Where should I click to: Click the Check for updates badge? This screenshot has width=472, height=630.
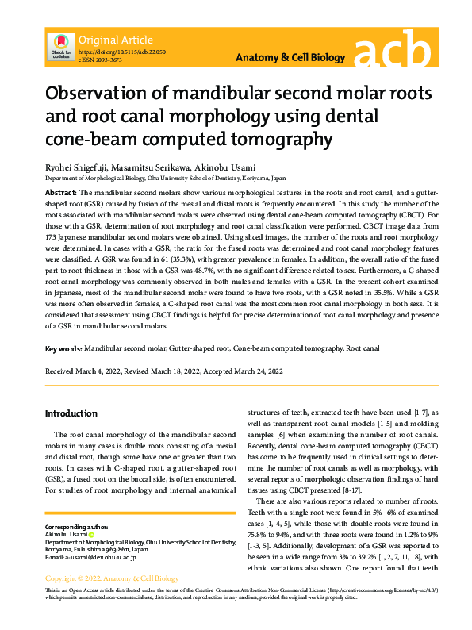pos(59,46)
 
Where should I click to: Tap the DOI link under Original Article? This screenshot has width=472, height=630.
pos(121,50)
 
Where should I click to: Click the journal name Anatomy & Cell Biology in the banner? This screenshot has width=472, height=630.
pos(291,58)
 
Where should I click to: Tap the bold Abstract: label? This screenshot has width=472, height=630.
pos(60,193)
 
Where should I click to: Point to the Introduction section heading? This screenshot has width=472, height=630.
pos(71,413)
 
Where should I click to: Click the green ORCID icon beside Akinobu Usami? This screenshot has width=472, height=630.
pos(90,535)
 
